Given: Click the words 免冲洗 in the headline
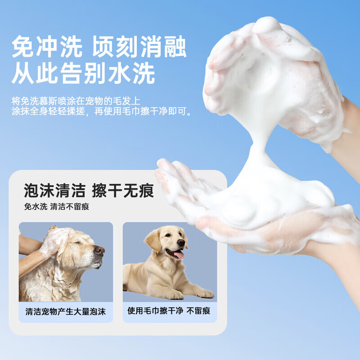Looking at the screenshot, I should click(x=47, y=48).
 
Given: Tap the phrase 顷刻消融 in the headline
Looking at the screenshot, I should click(x=139, y=48).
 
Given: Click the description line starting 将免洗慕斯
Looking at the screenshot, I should click(x=76, y=101).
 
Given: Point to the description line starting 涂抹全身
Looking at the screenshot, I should click(x=102, y=112).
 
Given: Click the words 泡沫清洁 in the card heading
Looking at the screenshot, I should click(x=54, y=191).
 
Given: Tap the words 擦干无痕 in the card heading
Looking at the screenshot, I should click(x=122, y=191).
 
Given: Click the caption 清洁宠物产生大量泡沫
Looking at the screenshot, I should click(x=66, y=311).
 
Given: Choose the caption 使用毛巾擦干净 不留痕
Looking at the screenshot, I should click(x=169, y=311).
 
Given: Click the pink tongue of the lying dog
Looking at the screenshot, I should click(x=179, y=255).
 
